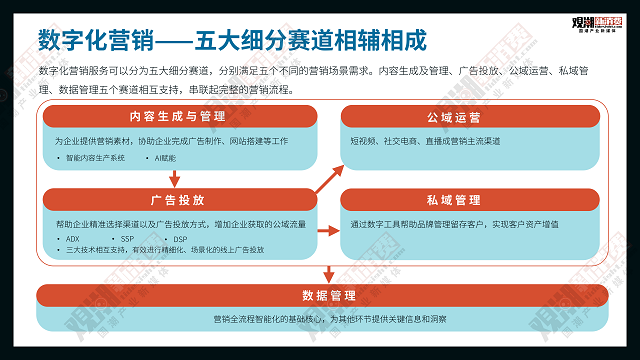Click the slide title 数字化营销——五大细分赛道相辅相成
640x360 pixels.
coord(232,41)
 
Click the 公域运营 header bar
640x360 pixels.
coord(461,117)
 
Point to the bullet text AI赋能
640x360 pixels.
coord(165,158)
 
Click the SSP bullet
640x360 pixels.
coord(127,239)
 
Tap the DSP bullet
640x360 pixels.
coord(180,239)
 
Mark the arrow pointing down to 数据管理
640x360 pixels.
coord(329,273)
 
